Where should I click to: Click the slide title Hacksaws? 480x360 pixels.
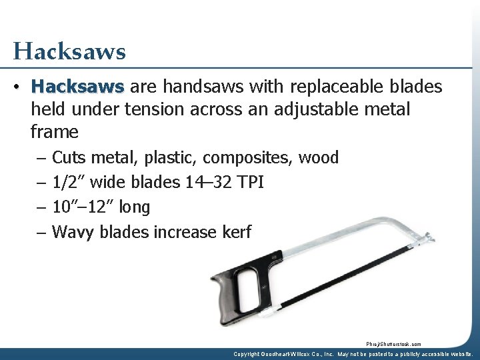coord(69,51)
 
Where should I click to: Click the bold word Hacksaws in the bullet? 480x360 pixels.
coord(77,87)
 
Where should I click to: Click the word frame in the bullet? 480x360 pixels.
coord(55,132)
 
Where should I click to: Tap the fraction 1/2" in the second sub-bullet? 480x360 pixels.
coord(69,183)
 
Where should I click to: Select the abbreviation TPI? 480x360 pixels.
coord(248,183)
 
